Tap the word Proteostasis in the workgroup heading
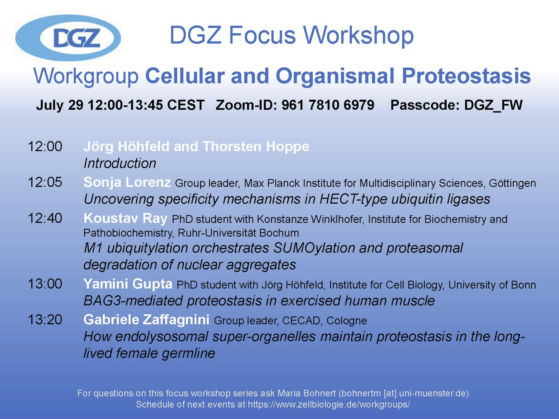pos(466,76)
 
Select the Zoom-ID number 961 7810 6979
pos(328,105)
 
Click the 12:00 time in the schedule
pos(45,146)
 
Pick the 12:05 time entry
pos(45,182)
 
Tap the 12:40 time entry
pos(45,218)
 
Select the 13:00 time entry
pos(45,284)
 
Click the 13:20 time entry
pos(45,320)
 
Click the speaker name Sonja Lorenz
pos(127,182)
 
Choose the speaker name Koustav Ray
pos(125,218)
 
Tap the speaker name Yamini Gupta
pos(128,284)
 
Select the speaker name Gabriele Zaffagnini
pos(146,320)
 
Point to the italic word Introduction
pos(120,163)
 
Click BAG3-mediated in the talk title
pos(133,301)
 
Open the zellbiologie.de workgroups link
pos(329,404)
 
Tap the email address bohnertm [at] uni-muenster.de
pos(404,393)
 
